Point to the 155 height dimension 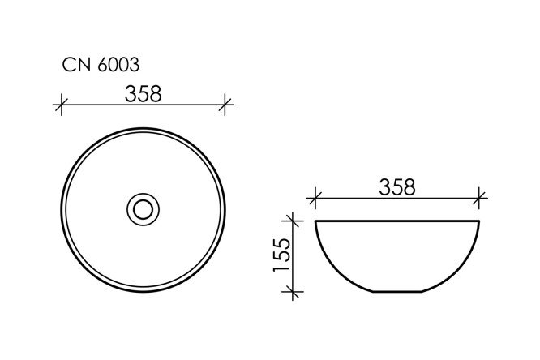pyautogui.click(x=281, y=255)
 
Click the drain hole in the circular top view pyautogui.click(x=144, y=210)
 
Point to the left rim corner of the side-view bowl pyautogui.click(x=315, y=221)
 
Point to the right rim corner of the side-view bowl pyautogui.click(x=480, y=221)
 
